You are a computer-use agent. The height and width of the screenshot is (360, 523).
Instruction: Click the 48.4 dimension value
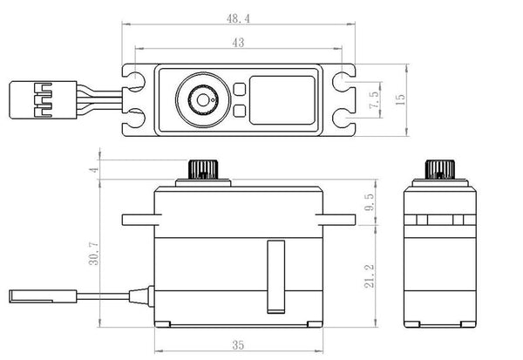pos(238,18)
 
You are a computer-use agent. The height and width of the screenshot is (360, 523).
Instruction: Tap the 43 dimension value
pos(238,43)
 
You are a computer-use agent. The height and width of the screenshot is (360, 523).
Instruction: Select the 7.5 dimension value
pos(374,99)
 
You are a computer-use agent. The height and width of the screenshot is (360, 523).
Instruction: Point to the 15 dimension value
pos(400,99)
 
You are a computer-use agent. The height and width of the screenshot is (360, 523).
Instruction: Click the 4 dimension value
pos(94,169)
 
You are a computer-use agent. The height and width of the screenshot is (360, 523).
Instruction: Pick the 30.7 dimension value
pos(94,254)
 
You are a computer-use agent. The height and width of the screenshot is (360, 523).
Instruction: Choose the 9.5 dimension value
pos(370,202)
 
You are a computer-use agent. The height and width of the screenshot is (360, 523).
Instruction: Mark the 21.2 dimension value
pos(370,276)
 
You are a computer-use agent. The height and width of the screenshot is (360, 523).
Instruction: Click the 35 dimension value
pos(238,344)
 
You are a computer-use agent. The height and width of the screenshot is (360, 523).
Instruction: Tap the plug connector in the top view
pos(43,99)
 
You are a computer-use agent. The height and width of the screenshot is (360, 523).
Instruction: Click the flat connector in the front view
pos(43,296)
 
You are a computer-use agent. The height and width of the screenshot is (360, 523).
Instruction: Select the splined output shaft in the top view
pos(203,99)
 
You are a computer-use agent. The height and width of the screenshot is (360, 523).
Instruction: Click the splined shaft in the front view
pos(203,169)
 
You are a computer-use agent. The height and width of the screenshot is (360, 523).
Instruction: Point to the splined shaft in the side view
pos(440,169)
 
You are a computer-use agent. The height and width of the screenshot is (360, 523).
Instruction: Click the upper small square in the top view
pos(240,89)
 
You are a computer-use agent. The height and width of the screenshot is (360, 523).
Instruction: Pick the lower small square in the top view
pos(240,111)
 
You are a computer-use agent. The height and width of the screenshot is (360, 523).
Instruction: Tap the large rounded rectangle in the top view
pos(282,100)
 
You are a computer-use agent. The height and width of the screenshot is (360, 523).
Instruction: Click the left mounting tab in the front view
pos(141,220)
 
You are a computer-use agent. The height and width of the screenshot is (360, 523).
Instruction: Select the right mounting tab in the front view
pos(336,220)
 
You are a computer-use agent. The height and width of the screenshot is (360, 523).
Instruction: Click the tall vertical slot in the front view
pos(276,277)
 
